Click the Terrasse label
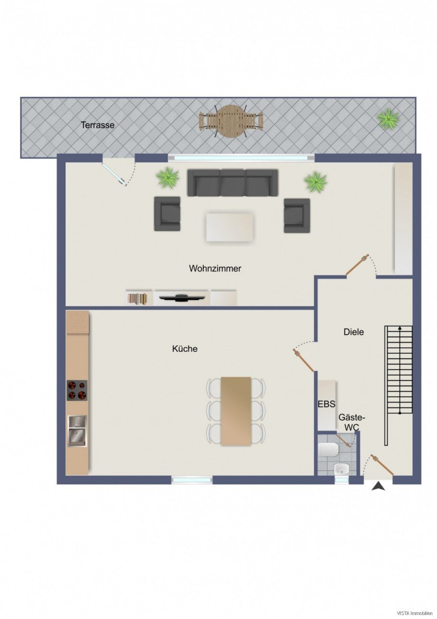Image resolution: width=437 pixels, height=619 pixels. (x=97, y=125)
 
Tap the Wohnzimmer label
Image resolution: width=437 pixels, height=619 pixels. (x=215, y=268)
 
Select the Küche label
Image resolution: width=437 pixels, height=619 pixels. (x=185, y=349)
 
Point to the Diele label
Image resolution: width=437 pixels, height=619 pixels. (x=353, y=332)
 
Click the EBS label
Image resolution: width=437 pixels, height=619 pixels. (x=326, y=404)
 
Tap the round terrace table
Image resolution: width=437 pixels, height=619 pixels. (x=231, y=121)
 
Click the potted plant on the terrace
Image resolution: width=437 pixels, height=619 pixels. (x=389, y=119)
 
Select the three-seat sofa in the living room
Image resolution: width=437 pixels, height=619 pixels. (x=233, y=183)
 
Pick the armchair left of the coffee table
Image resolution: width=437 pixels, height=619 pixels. (x=167, y=213)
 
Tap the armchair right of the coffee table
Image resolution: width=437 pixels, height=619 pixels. (x=297, y=216)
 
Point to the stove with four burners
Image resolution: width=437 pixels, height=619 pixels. (x=77, y=390)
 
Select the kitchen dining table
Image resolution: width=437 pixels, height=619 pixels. (x=236, y=411)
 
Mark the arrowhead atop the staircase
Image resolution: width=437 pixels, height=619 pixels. (x=399, y=328)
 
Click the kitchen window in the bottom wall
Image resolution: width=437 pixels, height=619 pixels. (x=192, y=480)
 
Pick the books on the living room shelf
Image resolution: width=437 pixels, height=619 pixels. (x=137, y=299)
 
